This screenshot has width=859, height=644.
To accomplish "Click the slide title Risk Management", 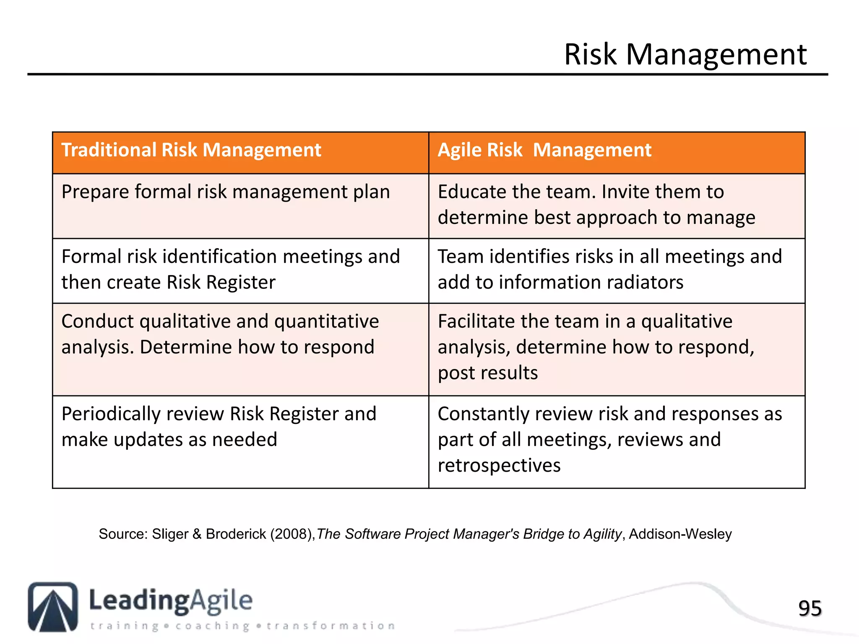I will [685, 55].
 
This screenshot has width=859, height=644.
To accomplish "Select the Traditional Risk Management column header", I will [191, 150].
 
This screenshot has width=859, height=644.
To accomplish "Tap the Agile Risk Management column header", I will [544, 150].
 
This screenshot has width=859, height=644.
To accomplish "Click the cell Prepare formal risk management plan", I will [226, 192].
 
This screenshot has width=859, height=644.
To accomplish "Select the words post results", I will [487, 373].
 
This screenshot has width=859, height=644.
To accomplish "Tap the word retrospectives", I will [499, 465].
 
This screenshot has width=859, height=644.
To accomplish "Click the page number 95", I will [810, 608].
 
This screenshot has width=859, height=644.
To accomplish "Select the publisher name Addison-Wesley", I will [680, 534].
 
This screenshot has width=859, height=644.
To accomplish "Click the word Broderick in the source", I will [236, 534].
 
